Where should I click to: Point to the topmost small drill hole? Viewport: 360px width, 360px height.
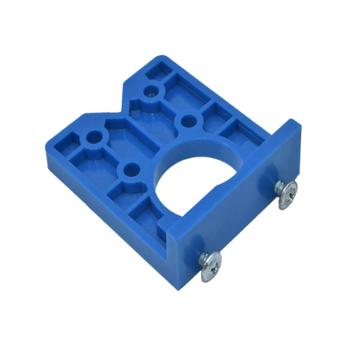(151, 91)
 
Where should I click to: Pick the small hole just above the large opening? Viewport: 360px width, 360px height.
(187, 120)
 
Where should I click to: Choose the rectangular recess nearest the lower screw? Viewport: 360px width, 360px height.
(147, 212)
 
